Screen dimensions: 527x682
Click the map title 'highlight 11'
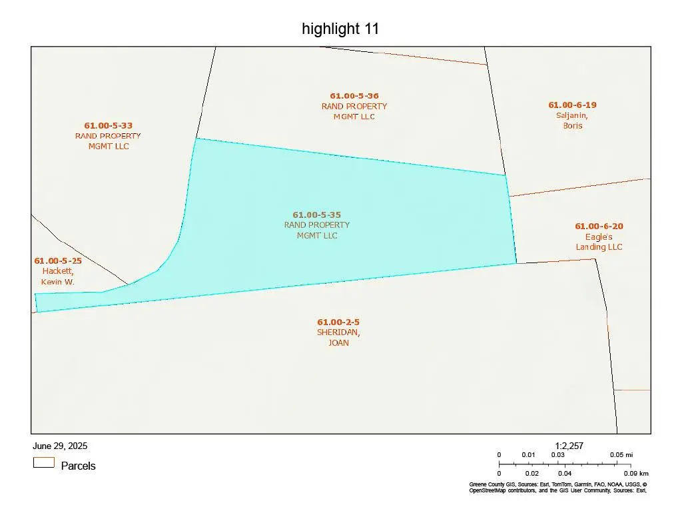pos(340,29)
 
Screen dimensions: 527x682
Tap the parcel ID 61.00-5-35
pos(317,215)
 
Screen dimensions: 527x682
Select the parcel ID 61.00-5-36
pos(354,96)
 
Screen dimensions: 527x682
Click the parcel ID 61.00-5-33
pos(108,125)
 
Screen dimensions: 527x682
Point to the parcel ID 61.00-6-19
pos(572,105)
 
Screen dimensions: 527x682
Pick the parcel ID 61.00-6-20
pos(599,226)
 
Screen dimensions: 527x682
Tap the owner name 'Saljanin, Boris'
pos(572,120)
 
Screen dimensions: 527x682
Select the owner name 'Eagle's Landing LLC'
pos(599,242)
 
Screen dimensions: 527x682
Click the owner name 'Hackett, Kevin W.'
pos(58,276)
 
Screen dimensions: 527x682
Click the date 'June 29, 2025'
pos(60,446)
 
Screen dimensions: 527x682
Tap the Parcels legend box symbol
pos(44,462)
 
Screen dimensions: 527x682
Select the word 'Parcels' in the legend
pos(78,466)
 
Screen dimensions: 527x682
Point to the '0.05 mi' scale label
pos(621,455)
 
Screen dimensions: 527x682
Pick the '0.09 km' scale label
pos(638,473)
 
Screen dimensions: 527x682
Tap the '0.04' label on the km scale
pos(564,473)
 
